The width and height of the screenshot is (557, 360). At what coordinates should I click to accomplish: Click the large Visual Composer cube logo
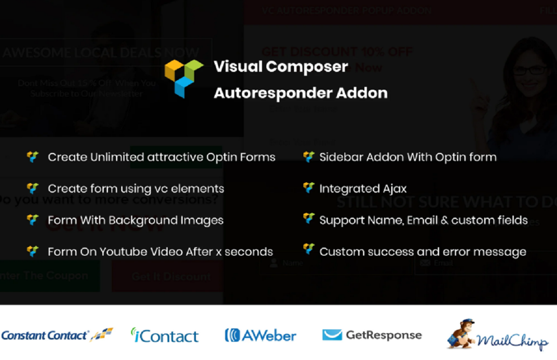pyautogui.click(x=184, y=78)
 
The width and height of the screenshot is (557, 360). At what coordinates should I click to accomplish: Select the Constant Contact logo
pyautogui.click(x=56, y=335)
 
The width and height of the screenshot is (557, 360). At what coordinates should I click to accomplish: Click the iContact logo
pyautogui.click(x=165, y=336)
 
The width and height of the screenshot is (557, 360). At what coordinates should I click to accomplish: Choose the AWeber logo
pyautogui.click(x=261, y=336)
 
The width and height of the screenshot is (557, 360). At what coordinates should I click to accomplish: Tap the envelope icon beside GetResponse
pyautogui.click(x=332, y=335)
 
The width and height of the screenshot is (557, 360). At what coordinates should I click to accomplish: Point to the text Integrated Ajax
pyautogui.click(x=363, y=189)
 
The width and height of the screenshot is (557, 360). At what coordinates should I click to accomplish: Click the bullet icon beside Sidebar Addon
pyautogui.click(x=309, y=157)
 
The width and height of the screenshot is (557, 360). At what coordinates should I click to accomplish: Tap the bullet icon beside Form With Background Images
pyautogui.click(x=32, y=220)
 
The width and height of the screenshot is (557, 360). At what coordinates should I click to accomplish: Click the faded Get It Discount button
pyautogui.click(x=170, y=276)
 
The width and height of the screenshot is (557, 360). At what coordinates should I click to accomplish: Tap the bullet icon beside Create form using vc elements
pyautogui.click(x=32, y=188)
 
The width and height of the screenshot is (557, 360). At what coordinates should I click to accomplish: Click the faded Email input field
pyautogui.click(x=484, y=263)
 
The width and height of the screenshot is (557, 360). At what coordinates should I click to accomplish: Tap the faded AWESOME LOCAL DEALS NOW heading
pyautogui.click(x=101, y=53)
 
